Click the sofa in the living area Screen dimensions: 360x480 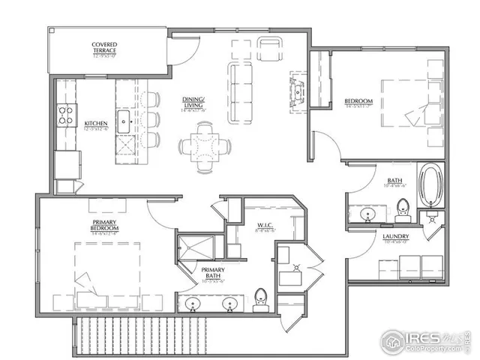241,92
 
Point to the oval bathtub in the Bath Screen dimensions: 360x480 431,184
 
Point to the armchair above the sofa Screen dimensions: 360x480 269,49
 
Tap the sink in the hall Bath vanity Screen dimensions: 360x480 368,214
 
